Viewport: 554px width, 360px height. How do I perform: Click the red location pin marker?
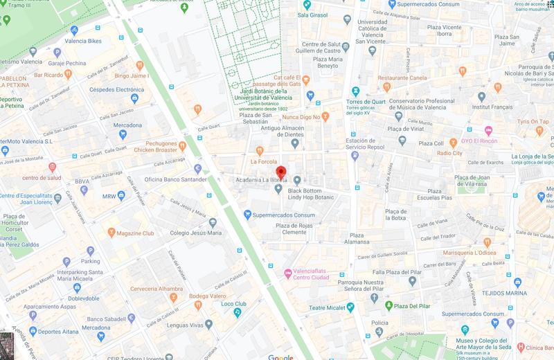280,173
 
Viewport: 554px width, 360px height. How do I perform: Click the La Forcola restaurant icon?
260,150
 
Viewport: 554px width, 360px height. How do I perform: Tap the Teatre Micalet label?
327,307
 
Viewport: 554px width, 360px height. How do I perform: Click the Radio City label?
449,153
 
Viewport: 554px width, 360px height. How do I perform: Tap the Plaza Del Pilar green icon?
388,305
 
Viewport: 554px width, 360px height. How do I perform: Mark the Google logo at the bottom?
280,357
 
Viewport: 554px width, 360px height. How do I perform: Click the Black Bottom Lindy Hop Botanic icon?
296,181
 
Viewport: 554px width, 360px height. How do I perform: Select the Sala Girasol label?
312,15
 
